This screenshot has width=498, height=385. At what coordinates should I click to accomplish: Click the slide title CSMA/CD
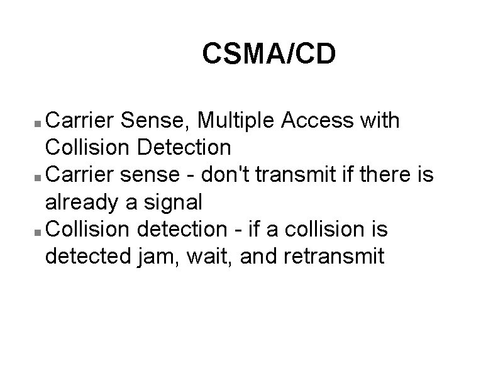coord(269,54)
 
